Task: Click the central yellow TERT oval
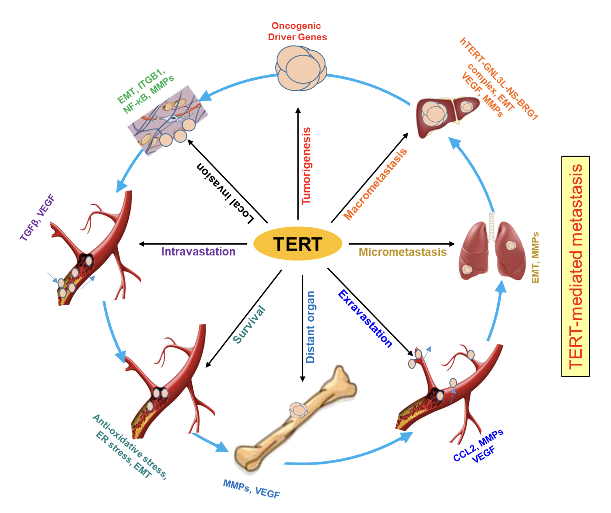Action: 298,244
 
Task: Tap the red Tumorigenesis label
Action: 306,166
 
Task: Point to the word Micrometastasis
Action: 402,252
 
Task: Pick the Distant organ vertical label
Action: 310,327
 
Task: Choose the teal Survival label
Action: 249,325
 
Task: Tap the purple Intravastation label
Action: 198,252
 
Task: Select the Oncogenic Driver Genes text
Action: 297,31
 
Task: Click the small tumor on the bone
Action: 298,410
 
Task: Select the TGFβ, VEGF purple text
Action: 37,218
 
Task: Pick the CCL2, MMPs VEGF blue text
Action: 479,446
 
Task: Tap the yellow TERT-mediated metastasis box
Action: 575,266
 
